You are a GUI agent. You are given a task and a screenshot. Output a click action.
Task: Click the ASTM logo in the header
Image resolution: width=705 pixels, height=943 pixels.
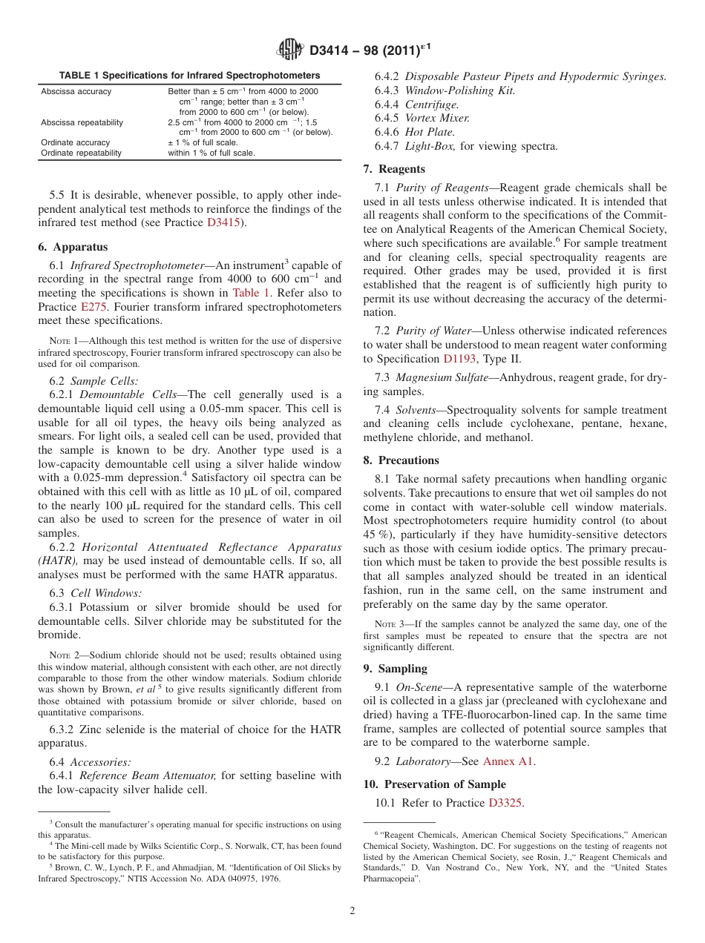(289, 50)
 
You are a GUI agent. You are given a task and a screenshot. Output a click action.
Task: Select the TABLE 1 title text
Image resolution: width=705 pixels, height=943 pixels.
(189, 76)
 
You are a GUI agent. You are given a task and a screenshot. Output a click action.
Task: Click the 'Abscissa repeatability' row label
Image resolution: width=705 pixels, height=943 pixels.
(82, 122)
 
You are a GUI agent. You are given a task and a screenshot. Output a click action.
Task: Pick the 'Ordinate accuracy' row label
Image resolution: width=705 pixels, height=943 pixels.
(75, 142)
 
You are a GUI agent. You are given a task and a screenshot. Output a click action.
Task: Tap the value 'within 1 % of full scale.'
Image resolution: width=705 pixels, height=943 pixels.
(211, 153)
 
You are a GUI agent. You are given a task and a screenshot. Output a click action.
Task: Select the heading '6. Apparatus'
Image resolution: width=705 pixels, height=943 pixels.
(73, 248)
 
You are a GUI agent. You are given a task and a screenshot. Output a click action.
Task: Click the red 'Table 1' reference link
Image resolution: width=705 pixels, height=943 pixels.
(250, 293)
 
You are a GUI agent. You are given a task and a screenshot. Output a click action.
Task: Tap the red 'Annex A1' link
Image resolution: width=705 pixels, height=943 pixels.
(508, 761)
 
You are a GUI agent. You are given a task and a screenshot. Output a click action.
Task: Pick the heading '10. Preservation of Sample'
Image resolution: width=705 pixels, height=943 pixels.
(434, 784)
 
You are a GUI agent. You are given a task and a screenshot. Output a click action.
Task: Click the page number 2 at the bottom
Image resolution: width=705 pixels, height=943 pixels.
(352, 911)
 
